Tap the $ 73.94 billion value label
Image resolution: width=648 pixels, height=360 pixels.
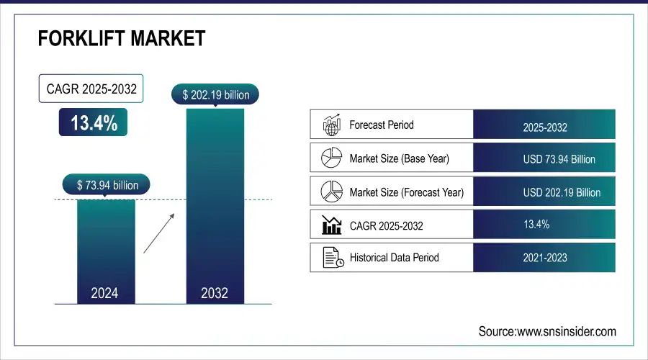click(x=107, y=185)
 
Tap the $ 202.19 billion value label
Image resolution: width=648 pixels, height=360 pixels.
click(x=215, y=95)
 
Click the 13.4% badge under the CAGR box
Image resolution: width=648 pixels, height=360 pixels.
click(x=94, y=123)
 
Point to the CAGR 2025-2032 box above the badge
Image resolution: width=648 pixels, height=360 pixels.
click(x=91, y=89)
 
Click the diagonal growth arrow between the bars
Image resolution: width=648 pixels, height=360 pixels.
click(x=158, y=232)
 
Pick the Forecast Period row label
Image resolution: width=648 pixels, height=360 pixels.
click(x=381, y=125)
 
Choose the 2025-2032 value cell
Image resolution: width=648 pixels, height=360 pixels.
click(x=544, y=127)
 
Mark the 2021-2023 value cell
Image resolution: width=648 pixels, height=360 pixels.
click(x=545, y=257)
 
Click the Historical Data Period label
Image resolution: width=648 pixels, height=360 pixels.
click(x=394, y=257)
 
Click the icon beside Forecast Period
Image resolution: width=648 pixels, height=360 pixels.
click(x=330, y=125)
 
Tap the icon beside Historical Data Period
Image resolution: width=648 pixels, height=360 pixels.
click(x=331, y=257)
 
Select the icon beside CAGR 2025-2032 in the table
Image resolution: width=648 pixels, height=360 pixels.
click(x=331, y=225)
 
